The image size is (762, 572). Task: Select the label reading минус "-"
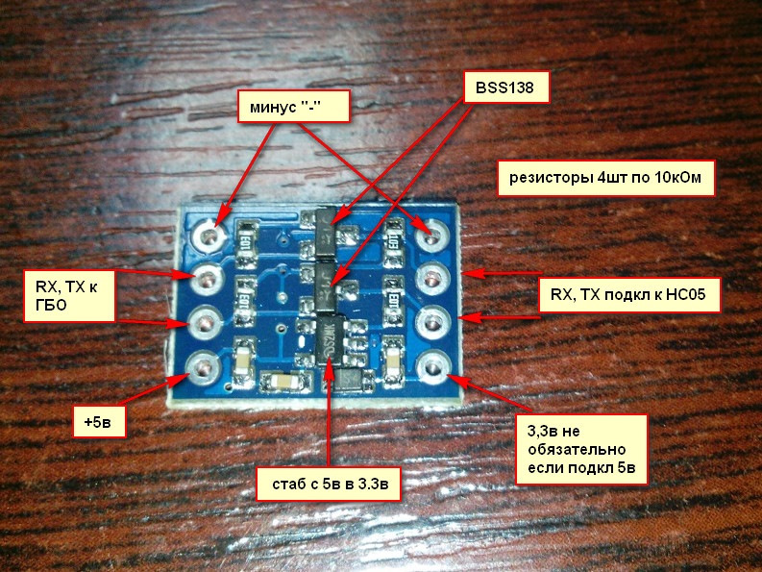[293, 107]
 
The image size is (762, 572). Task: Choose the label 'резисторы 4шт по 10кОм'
[606, 176]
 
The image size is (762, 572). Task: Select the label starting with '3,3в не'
[585, 448]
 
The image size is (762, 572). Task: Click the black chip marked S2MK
[332, 337]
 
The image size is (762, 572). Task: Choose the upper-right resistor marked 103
[392, 236]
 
